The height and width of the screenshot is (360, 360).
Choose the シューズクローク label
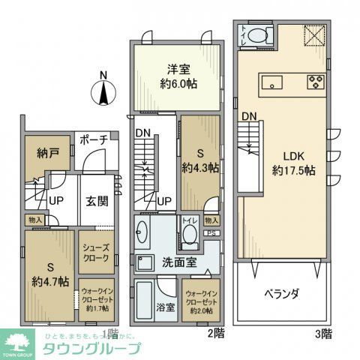(97, 251)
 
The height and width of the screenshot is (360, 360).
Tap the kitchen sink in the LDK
(271, 81)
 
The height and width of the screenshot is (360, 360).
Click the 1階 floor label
(109, 332)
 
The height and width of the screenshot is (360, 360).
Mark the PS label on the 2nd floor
(213, 232)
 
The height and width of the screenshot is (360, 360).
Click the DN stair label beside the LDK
(249, 117)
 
